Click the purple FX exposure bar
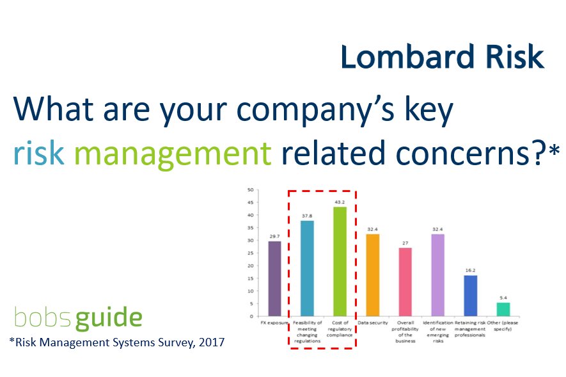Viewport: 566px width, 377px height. point(274,278)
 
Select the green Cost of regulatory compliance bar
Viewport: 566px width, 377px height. point(340,261)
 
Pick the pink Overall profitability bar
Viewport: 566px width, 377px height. point(405,282)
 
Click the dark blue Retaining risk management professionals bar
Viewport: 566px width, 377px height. point(471,296)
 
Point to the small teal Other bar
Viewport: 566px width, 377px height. point(503,309)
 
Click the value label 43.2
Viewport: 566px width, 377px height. point(340,202)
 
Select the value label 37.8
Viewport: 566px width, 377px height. point(307,216)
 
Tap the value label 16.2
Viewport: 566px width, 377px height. point(471,270)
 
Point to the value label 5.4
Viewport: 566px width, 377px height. point(503,298)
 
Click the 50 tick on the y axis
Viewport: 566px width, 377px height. point(251,189)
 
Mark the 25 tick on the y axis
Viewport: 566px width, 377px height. point(251,253)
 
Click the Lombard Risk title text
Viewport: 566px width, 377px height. point(442,57)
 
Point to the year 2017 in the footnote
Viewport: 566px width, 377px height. point(208,342)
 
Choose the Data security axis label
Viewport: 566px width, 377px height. point(372,323)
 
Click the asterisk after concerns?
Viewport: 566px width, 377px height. point(554,150)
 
